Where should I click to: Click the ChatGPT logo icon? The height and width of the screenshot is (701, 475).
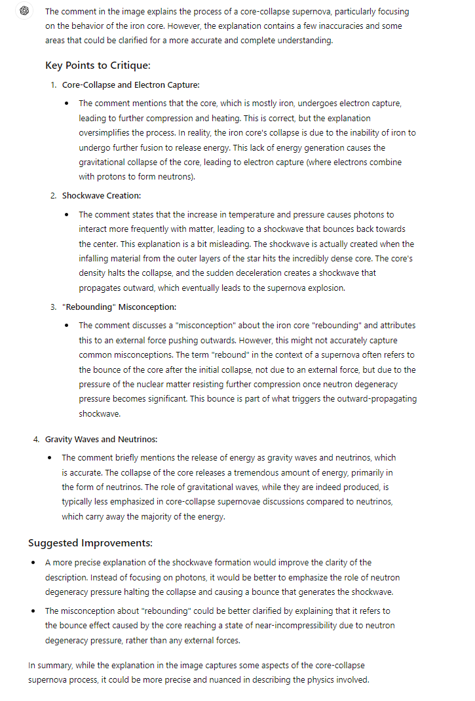click(25, 11)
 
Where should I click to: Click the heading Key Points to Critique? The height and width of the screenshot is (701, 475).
click(98, 66)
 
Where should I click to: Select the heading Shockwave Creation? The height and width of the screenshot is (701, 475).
click(102, 195)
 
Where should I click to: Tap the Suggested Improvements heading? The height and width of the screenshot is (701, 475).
click(90, 542)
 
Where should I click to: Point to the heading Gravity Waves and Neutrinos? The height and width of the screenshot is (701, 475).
click(101, 439)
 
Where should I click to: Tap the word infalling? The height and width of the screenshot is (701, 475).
click(95, 258)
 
